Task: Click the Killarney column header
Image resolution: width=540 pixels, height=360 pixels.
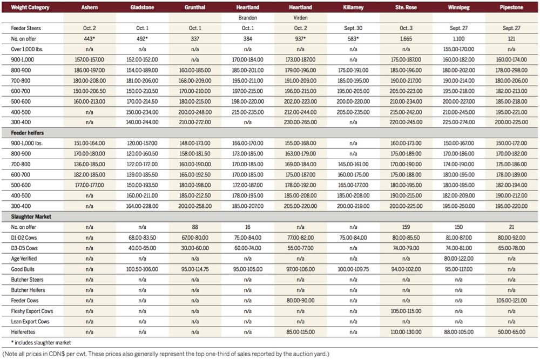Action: pos(353,8)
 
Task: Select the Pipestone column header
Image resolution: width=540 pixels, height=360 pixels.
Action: pos(512,8)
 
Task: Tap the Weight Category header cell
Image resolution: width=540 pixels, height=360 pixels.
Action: pos(28,8)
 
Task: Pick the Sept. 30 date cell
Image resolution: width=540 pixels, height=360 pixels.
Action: pos(353,28)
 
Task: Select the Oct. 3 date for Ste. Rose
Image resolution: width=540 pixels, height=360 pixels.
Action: pos(406,28)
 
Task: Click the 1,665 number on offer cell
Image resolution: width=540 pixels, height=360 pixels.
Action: pos(406,39)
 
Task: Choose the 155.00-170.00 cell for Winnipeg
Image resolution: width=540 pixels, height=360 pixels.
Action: pos(459,49)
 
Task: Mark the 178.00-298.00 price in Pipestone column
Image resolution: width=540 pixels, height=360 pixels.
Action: pos(512,70)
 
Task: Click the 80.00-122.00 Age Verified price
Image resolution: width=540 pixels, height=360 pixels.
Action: pos(459,259)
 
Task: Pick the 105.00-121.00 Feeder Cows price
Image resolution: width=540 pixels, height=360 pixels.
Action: pos(512,300)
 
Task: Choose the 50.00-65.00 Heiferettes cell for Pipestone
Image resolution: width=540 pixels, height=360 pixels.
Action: pos(512,331)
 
